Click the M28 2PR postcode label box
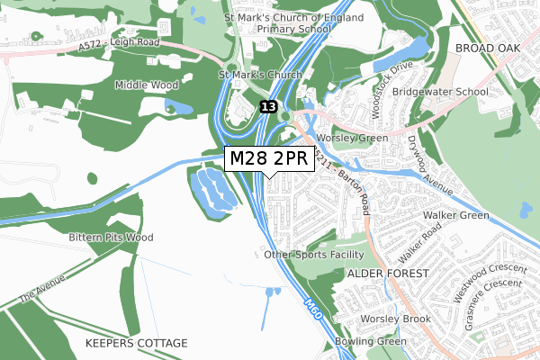269,157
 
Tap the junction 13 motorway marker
269,106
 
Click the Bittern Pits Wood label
111,238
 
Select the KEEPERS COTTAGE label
136,344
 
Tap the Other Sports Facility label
318,255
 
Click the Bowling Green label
371,342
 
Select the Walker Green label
457,215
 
